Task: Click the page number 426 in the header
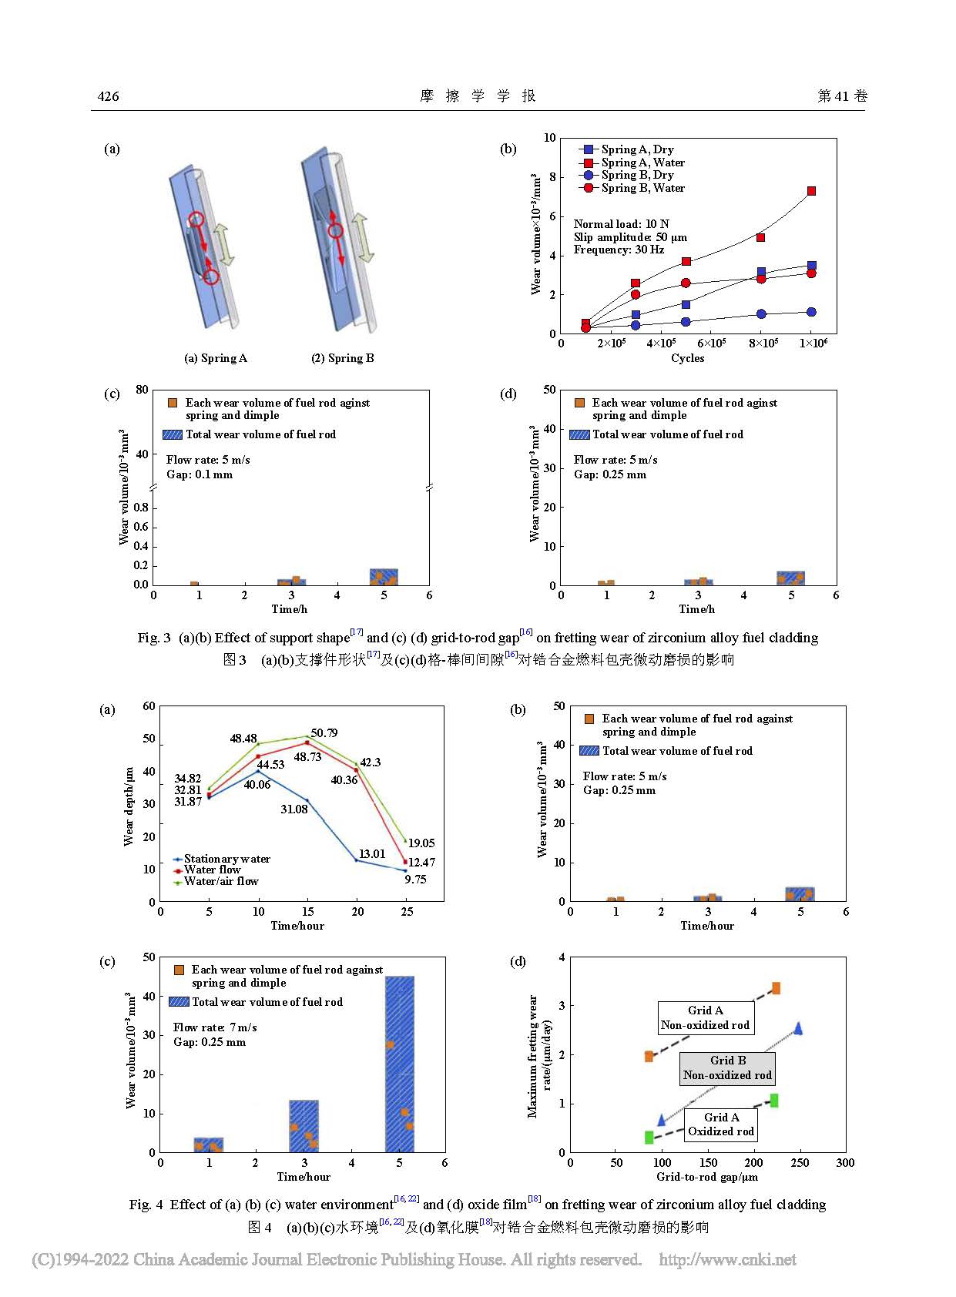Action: pyautogui.click(x=109, y=96)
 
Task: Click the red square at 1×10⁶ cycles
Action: pyautogui.click(x=811, y=191)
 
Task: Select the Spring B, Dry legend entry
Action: pyautogui.click(x=636, y=175)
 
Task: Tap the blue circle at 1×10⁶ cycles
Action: pyautogui.click(x=811, y=312)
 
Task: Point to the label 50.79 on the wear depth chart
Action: pyautogui.click(x=324, y=733)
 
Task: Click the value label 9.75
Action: pyautogui.click(x=415, y=880)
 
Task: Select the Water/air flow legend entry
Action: pyautogui.click(x=220, y=881)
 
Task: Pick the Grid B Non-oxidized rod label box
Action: pyautogui.click(x=727, y=1068)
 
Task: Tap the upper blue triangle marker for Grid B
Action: pyautogui.click(x=798, y=1028)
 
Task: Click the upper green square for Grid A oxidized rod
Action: pyautogui.click(x=774, y=1101)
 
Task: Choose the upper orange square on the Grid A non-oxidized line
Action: pyautogui.click(x=776, y=988)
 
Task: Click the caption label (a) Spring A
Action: pyautogui.click(x=216, y=358)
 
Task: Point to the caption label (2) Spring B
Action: pyautogui.click(x=343, y=358)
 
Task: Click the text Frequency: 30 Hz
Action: pyautogui.click(x=619, y=250)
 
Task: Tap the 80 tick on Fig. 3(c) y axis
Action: pyautogui.click(x=142, y=390)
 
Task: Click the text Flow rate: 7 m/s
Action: pyautogui.click(x=215, y=1027)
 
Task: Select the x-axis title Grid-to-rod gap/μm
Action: pyautogui.click(x=706, y=1177)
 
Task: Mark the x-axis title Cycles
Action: pyautogui.click(x=687, y=358)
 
